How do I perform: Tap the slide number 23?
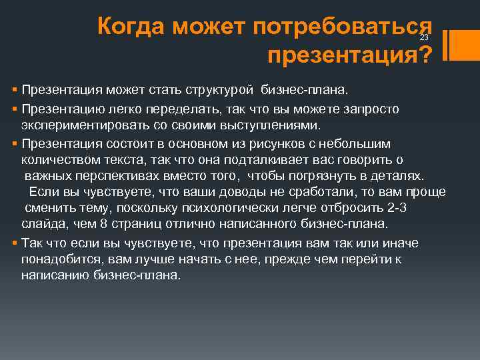pyautogui.click(x=424, y=37)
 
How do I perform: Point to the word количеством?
pyautogui.click(x=59, y=160)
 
